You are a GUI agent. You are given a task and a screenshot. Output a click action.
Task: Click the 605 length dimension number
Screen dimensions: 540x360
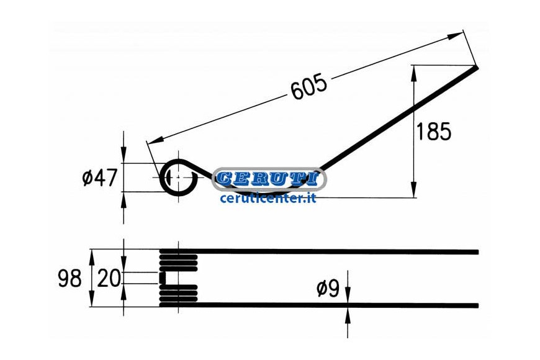(309, 86)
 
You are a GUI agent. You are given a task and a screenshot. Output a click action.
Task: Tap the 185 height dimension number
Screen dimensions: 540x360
(434, 131)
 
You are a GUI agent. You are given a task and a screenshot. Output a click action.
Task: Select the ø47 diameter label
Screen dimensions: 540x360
(100, 178)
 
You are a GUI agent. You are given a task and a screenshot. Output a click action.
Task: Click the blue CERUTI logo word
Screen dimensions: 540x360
(268, 179)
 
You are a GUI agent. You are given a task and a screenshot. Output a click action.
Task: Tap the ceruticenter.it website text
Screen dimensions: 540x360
(268, 198)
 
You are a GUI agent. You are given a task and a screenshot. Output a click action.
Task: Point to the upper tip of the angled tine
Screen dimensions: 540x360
(477, 68)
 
